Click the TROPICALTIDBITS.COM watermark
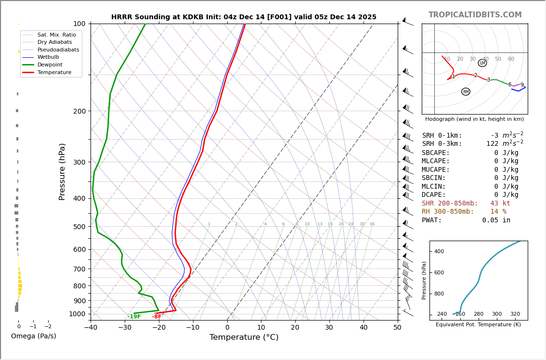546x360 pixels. click(475, 15)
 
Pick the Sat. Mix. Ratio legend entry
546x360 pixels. click(56, 35)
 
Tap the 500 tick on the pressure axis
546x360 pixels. click(79, 227)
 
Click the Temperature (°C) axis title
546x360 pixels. click(244, 337)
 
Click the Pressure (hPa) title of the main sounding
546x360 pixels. click(63, 171)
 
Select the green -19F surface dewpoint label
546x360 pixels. click(134, 317)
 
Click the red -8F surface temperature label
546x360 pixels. click(157, 317)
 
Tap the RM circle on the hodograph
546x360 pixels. click(466, 91)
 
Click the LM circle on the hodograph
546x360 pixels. click(482, 63)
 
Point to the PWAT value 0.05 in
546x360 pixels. click(496, 220)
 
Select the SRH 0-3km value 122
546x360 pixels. click(492, 144)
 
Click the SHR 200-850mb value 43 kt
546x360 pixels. click(500, 204)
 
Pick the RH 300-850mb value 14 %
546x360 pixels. click(498, 212)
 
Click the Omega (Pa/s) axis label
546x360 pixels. click(34, 336)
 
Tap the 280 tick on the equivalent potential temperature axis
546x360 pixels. click(478, 314)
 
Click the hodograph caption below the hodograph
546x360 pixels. click(474, 119)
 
